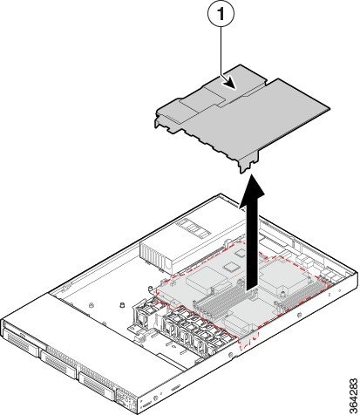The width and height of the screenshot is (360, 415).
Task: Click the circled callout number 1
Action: click(x=221, y=14)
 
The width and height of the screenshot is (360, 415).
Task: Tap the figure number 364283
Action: click(x=354, y=395)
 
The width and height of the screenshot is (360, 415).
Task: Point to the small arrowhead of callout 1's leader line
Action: click(x=229, y=84)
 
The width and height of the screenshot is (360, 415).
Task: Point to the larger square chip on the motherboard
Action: click(x=232, y=266)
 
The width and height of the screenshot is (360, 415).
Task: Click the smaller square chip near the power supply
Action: click(x=241, y=253)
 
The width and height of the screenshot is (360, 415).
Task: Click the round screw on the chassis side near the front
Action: click(x=230, y=355)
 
